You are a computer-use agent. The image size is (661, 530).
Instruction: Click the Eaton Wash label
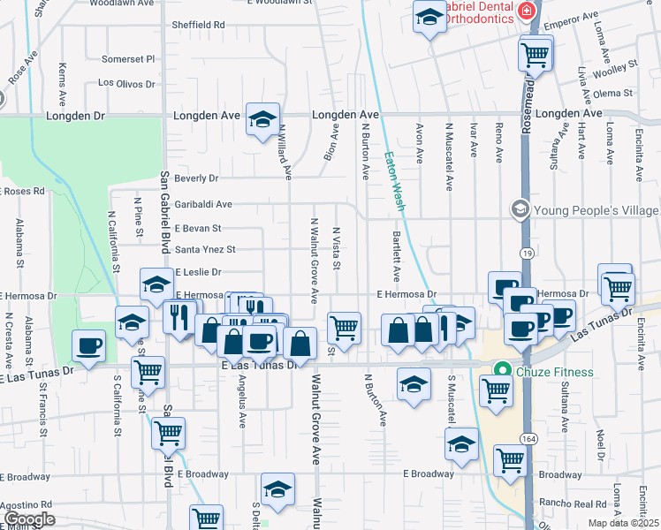pos(394,181)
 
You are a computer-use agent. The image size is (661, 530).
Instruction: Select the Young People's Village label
pos(595,209)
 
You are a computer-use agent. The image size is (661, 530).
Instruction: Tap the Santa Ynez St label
pos(205,250)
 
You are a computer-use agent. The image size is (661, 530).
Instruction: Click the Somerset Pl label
pos(128,59)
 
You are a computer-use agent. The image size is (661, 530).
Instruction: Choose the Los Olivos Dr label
pos(126,84)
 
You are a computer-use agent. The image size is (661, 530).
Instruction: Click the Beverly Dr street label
pos(195,178)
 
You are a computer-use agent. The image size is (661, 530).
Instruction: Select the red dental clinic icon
pos(527,11)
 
